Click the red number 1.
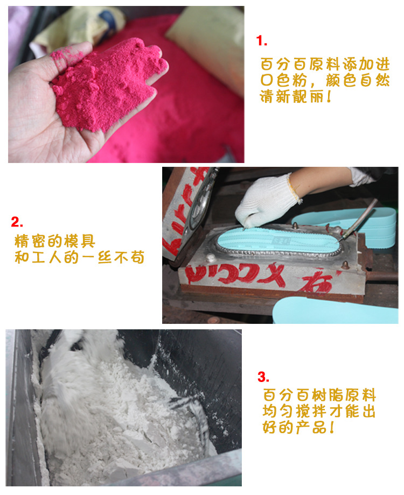tap(262, 41)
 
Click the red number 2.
tap(17, 222)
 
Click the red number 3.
tap(263, 377)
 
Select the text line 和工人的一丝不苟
tap(79, 257)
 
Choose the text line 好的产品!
tap(299, 429)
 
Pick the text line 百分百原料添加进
tap(324, 64)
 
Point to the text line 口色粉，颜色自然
tap(324, 81)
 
